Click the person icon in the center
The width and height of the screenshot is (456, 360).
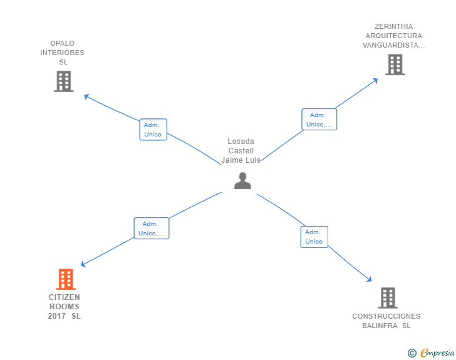coord(242,181)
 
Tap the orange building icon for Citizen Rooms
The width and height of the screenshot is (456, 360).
coord(65,279)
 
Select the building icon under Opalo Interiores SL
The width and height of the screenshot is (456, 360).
coord(63,81)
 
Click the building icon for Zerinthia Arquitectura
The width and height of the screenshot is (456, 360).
coord(395,64)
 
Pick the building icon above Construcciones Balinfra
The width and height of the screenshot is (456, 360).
coord(388,298)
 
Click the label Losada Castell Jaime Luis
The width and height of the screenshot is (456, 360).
coord(241,151)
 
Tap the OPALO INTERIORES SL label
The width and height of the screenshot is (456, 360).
coord(62,53)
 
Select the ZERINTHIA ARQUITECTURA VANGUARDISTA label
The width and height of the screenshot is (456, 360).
coord(393,36)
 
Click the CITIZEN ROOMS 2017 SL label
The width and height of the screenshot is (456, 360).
coord(65,307)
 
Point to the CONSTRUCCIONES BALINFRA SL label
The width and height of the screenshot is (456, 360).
coord(386,321)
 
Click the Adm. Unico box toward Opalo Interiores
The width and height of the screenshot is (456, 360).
coord(153,130)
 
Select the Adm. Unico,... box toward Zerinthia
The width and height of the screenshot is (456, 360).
coord(319,120)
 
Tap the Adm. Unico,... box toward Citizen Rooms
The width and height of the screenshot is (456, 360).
coord(152,229)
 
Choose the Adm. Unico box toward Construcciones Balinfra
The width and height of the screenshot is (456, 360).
coord(314,237)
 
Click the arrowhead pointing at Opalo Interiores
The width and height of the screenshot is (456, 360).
coord(86,96)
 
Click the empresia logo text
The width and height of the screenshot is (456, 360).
coord(437,353)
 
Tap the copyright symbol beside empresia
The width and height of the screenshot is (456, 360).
coord(412,353)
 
